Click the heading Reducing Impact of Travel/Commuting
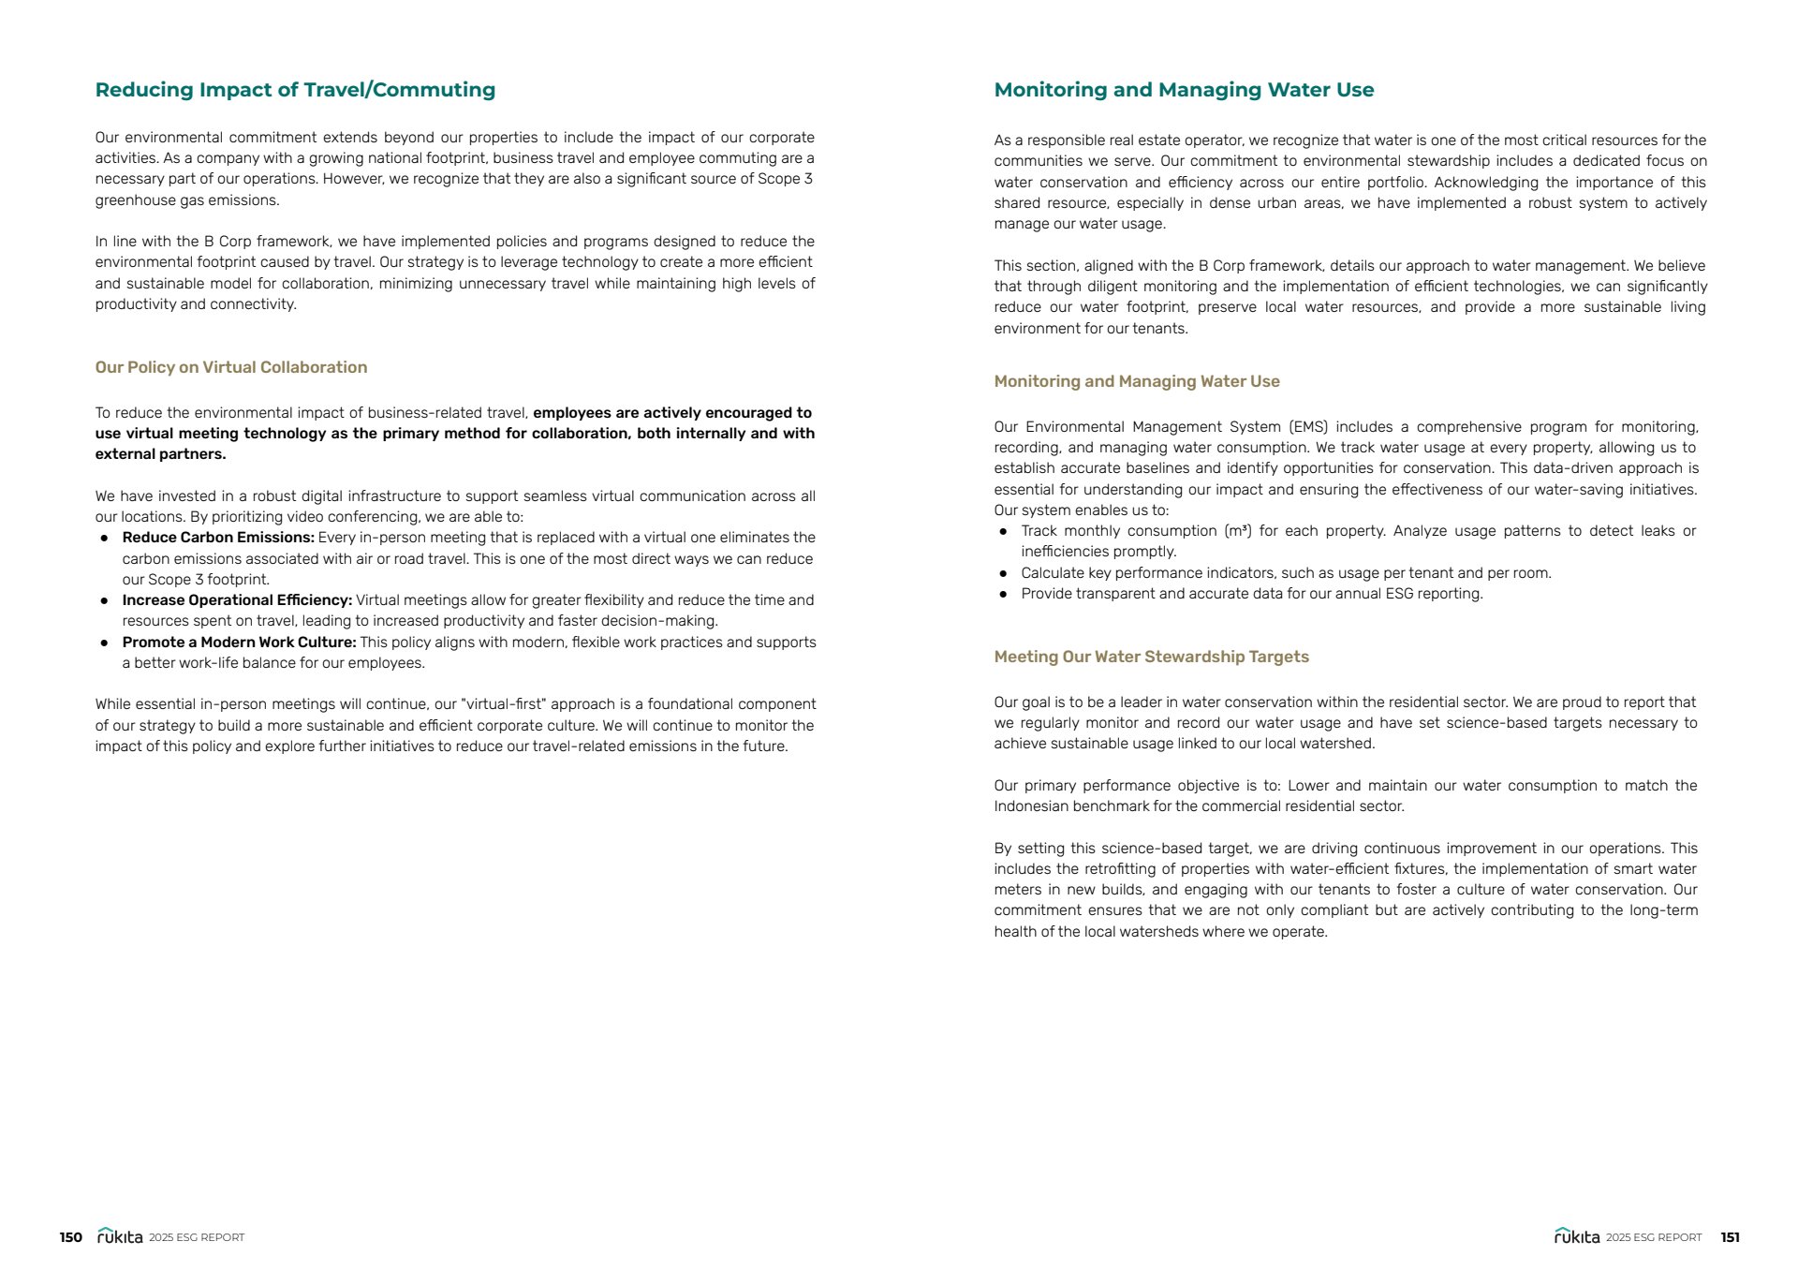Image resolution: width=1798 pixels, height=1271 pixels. pyautogui.click(x=295, y=90)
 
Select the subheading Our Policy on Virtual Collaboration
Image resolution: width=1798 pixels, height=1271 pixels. pyautogui.click(x=230, y=367)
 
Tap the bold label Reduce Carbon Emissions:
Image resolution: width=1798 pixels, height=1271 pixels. pyautogui.click(x=218, y=538)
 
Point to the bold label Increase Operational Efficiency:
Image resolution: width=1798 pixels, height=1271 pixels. pyautogui.click(x=237, y=600)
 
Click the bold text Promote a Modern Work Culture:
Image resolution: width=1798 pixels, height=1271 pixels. pyautogui.click(x=239, y=643)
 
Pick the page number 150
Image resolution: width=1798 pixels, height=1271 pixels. pyautogui.click(x=71, y=1237)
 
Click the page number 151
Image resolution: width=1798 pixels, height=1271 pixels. pyautogui.click(x=1730, y=1237)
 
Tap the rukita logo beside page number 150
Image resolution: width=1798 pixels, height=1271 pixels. pyautogui.click(x=120, y=1236)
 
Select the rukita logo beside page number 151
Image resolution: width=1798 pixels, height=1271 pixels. pyautogui.click(x=1577, y=1236)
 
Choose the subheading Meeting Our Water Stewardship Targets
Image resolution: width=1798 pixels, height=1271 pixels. pyautogui.click(x=1151, y=657)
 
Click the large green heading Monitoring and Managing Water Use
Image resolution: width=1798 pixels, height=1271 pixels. pyautogui.click(x=1184, y=90)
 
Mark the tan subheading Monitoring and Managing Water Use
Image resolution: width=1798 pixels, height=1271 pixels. pyautogui.click(x=1136, y=381)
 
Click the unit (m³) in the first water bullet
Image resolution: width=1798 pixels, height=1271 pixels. pyautogui.click(x=1237, y=531)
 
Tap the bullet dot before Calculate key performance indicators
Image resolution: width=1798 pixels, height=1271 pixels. pyautogui.click(x=1003, y=573)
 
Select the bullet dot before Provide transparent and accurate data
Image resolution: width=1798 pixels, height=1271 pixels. pyautogui.click(x=1003, y=594)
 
